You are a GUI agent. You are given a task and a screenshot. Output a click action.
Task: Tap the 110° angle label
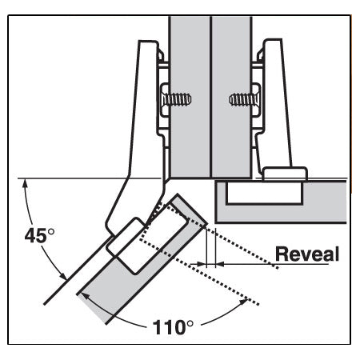(x=173, y=326)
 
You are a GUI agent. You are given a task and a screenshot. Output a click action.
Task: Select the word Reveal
(x=307, y=254)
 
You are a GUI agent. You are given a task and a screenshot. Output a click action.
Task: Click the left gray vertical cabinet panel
(x=189, y=96)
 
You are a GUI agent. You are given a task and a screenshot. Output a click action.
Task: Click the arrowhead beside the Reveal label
(x=222, y=262)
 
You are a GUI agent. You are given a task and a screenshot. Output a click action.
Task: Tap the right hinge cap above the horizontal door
(x=286, y=174)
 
